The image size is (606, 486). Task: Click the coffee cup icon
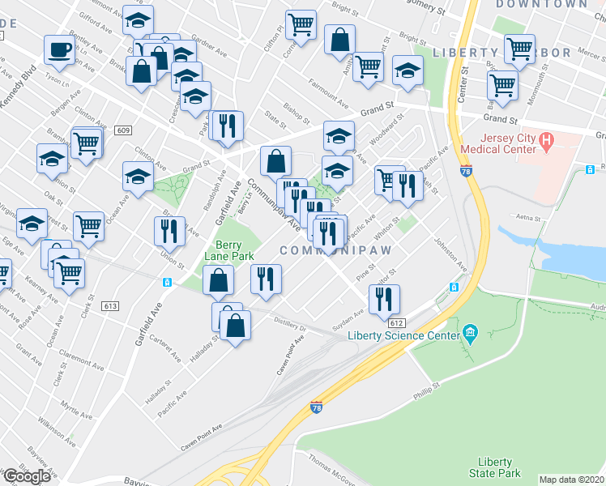tap(59, 50)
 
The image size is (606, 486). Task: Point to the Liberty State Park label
tap(493, 467)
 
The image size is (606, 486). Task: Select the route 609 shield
tap(123, 130)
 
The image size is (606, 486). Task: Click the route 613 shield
tap(111, 305)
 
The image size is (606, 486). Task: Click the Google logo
tap(27, 476)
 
